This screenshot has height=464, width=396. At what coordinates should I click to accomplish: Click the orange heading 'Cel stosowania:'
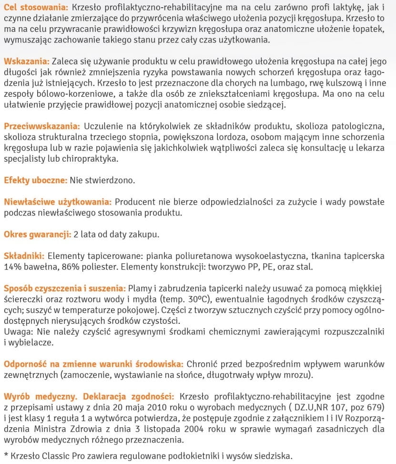[x=36, y=8]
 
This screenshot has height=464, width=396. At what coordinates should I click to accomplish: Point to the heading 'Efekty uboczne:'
[x=35, y=181]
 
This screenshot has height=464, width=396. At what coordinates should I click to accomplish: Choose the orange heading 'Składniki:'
[x=24, y=256]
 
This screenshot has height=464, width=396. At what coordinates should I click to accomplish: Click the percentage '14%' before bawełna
[x=13, y=267]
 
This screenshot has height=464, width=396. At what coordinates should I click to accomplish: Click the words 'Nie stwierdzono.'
[x=102, y=181]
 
